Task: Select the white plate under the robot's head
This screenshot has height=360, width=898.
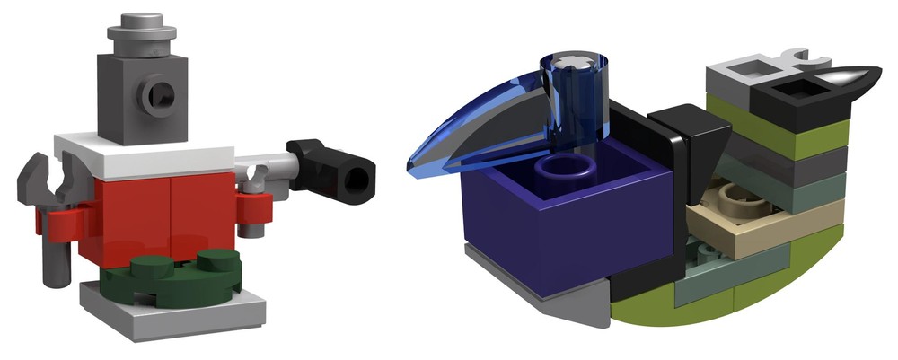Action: point(144,157)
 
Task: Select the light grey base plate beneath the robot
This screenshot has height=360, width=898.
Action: point(171,310)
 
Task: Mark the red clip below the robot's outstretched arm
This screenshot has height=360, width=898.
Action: point(254,207)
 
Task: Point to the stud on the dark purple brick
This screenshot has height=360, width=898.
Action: point(568,169)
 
